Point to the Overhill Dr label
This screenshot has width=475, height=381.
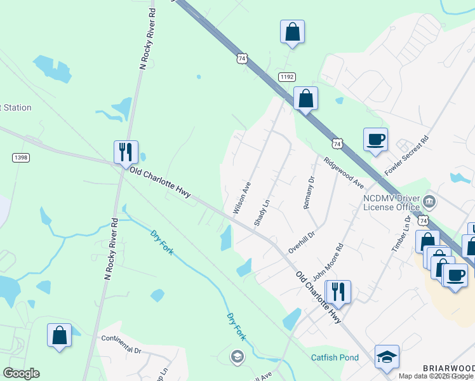pyautogui.click(x=302, y=241)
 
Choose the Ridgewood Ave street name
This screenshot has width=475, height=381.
pyautogui.click(x=343, y=173)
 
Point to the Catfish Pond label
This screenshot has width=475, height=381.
pyautogui.click(x=335, y=358)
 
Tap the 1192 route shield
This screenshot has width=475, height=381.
pyautogui.click(x=286, y=77)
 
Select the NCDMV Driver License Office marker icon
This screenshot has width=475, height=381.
pyautogui.click(x=430, y=203)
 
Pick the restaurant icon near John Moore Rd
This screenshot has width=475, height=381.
pyautogui.click(x=338, y=291)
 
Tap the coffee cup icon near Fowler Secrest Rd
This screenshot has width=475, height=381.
pyautogui.click(x=375, y=139)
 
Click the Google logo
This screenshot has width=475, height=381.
pyautogui.click(x=21, y=373)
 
